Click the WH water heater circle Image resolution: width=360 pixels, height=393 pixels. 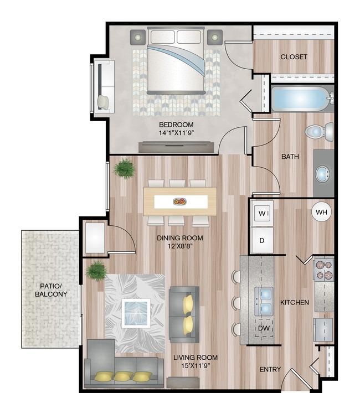[x=321, y=212]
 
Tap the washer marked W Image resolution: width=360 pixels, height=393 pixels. [x=262, y=213]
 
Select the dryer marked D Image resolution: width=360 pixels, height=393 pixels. [x=262, y=240]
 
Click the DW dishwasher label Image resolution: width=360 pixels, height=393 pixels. [x=264, y=328]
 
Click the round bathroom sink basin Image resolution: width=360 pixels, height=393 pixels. [x=323, y=173]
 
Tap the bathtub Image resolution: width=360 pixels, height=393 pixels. [x=302, y=99]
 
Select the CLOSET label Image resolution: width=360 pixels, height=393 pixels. [x=294, y=57]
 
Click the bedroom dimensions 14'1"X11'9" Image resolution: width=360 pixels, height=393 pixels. [x=177, y=133]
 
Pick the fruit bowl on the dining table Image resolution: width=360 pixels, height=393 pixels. [x=179, y=201]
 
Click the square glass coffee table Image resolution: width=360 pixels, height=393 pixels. [x=136, y=313]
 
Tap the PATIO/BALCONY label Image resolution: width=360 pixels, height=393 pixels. [x=51, y=290]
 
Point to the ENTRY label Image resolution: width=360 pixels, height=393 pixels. [x=270, y=369]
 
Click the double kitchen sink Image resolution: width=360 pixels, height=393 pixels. [x=264, y=301]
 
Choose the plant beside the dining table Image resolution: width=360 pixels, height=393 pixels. [x=124, y=169]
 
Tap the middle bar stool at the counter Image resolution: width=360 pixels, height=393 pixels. [x=236, y=303]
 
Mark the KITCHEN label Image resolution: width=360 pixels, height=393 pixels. [x=295, y=303]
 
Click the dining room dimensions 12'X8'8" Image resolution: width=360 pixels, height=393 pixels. [x=180, y=246]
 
